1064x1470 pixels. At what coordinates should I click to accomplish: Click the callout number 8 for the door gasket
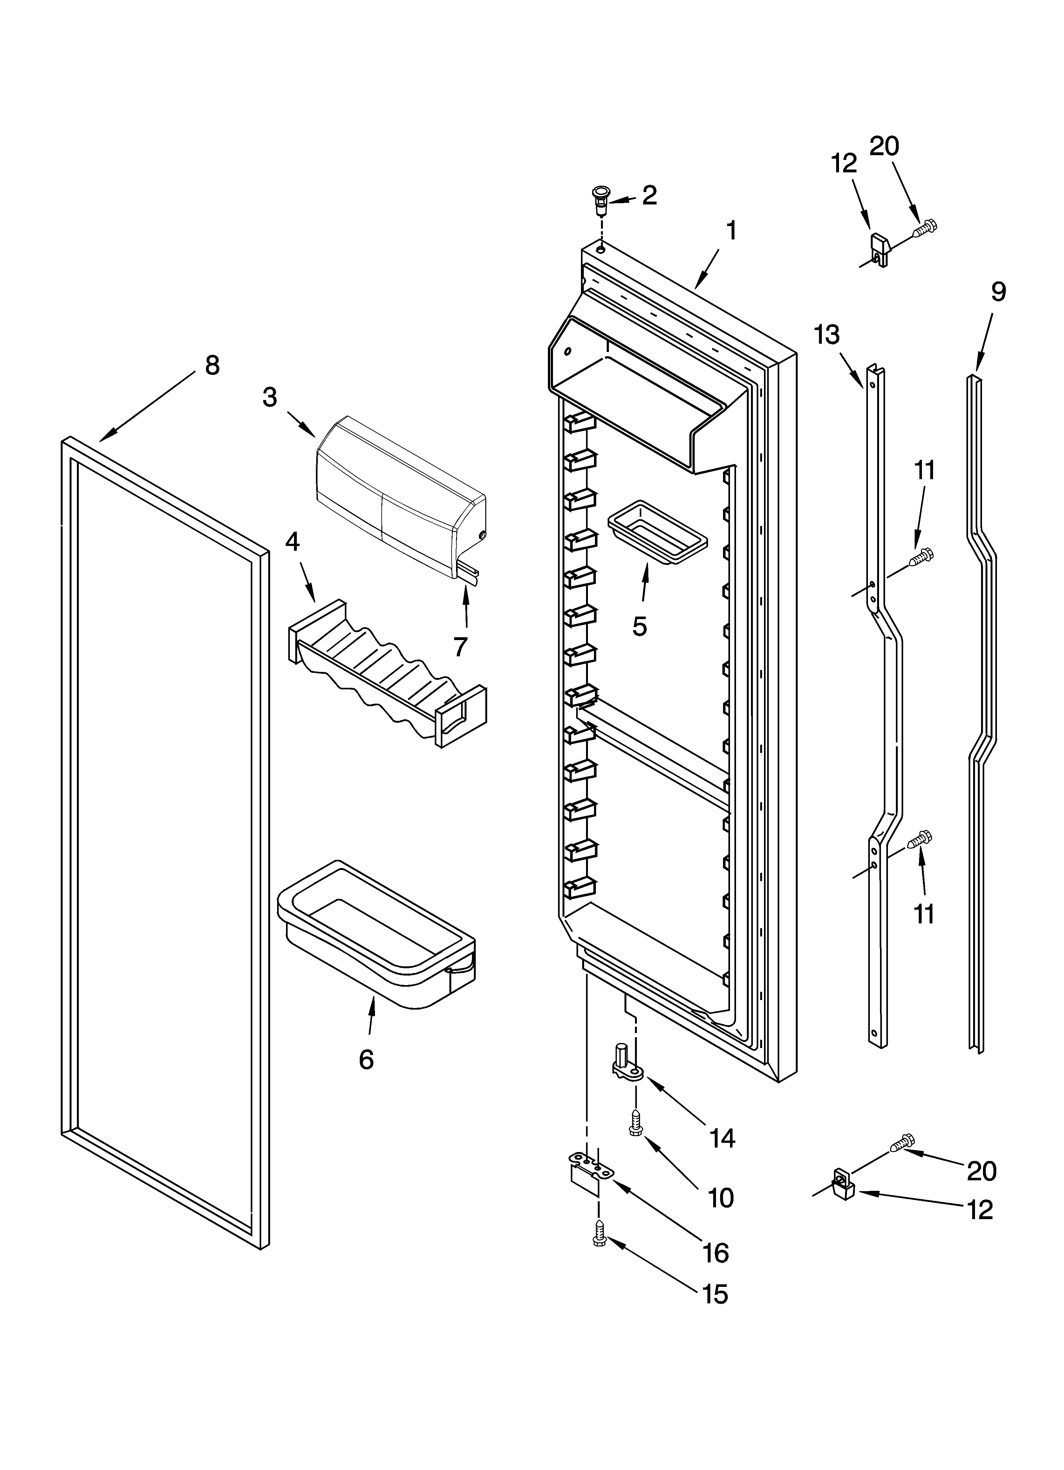212,366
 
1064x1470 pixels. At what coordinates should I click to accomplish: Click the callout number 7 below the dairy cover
460,646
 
